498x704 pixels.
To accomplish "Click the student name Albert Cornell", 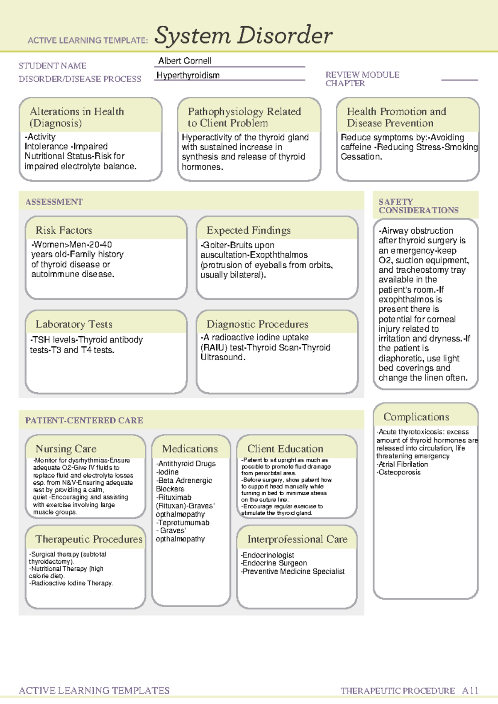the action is coord(185,61).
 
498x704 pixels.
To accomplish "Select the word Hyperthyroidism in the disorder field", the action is coord(188,76).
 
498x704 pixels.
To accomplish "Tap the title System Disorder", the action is coord(243,36).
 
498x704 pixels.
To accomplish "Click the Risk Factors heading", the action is coord(63,230).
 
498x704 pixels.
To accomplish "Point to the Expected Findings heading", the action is coord(249,230).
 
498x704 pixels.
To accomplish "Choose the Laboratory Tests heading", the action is coord(74,324).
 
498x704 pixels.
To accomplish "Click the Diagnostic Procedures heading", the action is coord(257,324).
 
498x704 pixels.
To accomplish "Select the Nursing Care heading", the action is coord(66,449).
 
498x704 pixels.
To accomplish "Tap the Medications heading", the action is coord(190,449).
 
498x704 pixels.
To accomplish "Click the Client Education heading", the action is coord(285,449).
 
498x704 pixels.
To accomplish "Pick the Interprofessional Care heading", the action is coord(297,539).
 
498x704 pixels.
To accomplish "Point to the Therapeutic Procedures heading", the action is coord(89,539).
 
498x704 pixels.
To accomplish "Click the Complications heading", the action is coord(416,417).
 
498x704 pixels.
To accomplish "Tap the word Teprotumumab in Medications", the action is coord(184,523).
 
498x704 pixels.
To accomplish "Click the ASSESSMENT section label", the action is coord(54,202).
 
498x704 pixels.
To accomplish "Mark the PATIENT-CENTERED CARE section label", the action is coord(84,420).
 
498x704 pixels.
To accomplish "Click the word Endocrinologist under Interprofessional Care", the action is coord(268,555).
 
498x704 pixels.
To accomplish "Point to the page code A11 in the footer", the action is coord(470,691).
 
